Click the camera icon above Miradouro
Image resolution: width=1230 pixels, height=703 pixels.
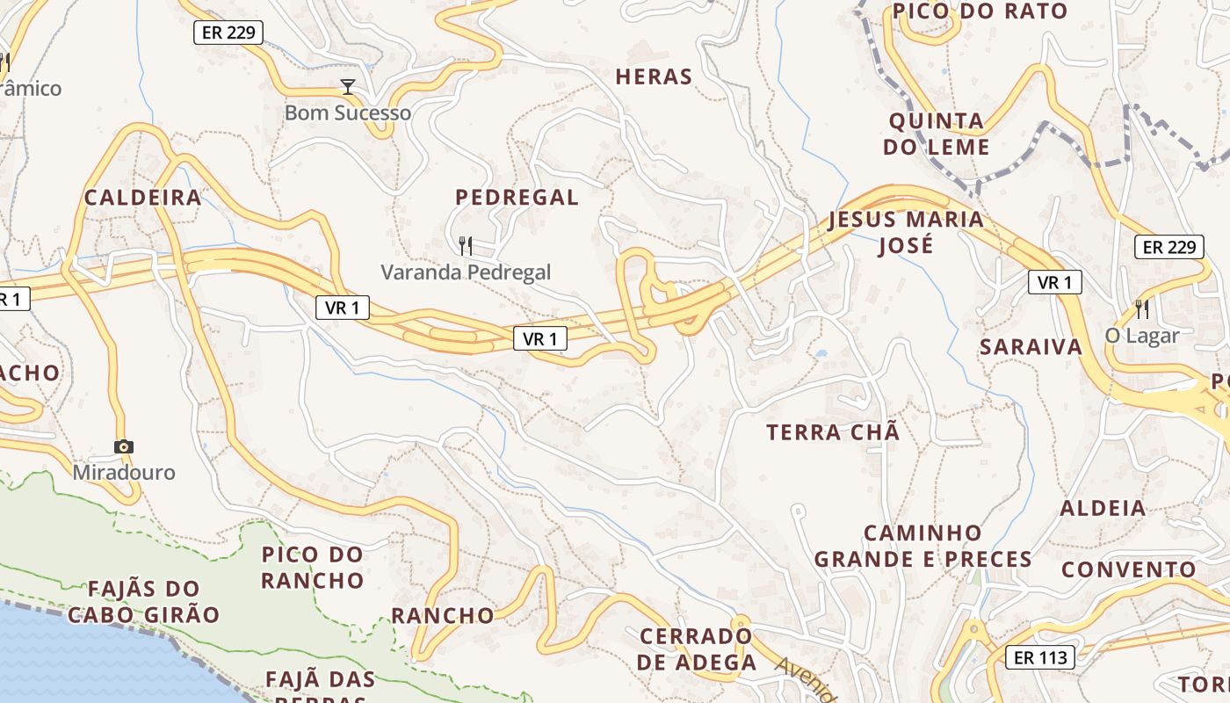pos(124,446)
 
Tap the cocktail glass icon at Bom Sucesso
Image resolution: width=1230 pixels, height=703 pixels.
pos(348,86)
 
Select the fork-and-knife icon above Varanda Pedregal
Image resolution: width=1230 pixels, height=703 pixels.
pos(466,245)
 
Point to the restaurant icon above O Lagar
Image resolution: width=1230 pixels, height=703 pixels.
pos(1141,308)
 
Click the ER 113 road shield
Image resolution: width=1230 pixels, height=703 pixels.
pos(1040,657)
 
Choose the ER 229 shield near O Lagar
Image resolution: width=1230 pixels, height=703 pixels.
pos(1168,247)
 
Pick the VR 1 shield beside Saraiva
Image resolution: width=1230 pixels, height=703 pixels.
pos(1054,282)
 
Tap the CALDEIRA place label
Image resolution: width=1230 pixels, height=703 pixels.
pos(143,198)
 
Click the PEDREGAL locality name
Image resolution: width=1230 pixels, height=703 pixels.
pos(517,198)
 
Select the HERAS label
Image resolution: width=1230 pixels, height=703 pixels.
pos(654,77)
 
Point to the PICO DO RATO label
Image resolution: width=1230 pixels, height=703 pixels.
pos(980,11)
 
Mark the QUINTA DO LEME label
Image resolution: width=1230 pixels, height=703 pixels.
pos(937,134)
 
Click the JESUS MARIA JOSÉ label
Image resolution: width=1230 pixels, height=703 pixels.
pos(906,232)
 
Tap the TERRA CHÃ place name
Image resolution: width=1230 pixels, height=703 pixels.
pos(833,432)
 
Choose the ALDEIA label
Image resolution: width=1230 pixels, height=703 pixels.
pos(1103,508)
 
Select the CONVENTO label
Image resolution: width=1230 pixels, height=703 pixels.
pos(1129,569)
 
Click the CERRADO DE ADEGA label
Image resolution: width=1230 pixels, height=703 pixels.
pos(697,649)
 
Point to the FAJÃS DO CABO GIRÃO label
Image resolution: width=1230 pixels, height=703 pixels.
pos(143,601)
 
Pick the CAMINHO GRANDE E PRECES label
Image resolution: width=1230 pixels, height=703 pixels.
pos(922,546)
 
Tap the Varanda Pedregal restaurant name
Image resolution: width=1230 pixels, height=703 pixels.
pos(466,272)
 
